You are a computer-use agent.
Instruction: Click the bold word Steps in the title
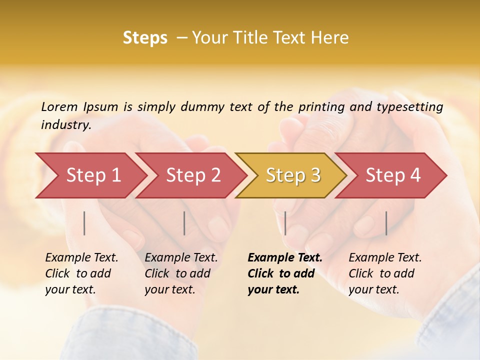click(x=145, y=38)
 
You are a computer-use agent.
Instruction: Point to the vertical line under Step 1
click(x=84, y=223)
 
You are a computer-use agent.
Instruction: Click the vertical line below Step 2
click(x=184, y=223)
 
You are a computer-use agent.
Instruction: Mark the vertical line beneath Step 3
click(x=285, y=223)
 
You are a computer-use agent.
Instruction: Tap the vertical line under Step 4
click(x=386, y=223)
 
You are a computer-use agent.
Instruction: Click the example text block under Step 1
click(x=81, y=273)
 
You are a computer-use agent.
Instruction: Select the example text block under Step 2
click(x=181, y=273)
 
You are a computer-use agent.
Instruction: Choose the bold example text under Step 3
click(x=284, y=273)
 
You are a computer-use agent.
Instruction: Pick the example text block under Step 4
click(x=385, y=273)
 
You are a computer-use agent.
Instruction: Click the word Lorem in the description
click(x=59, y=106)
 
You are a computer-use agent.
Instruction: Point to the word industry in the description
click(x=66, y=125)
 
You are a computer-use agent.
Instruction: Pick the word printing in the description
click(x=322, y=107)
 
